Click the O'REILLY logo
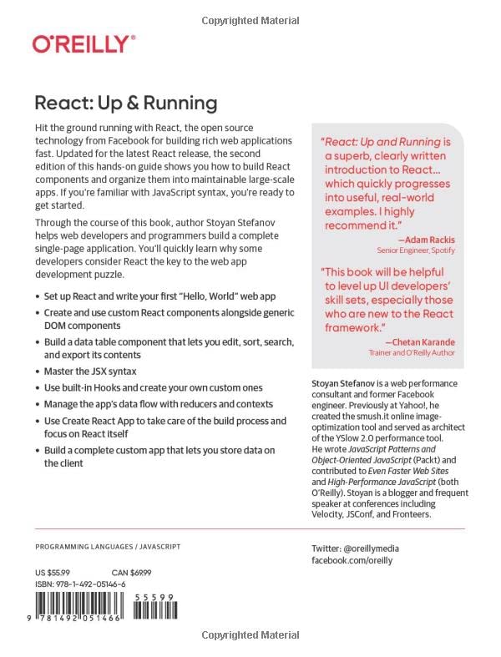point(83,44)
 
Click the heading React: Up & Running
point(125,104)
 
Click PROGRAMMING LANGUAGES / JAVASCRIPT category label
point(108,548)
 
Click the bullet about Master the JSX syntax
point(90,371)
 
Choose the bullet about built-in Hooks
point(153,387)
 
